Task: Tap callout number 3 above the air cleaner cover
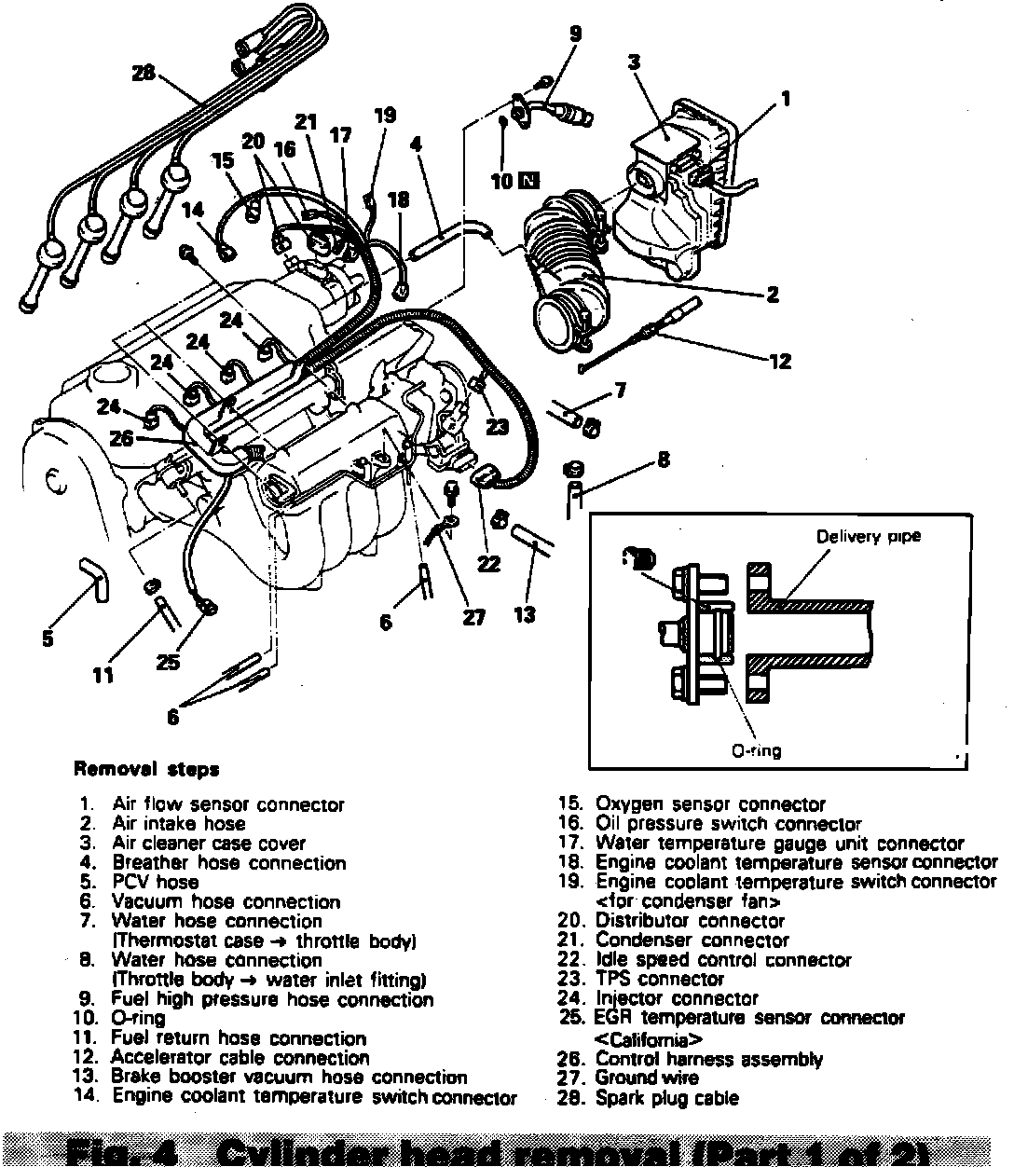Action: click(634, 63)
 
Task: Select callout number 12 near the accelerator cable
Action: click(779, 361)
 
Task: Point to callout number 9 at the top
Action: click(574, 34)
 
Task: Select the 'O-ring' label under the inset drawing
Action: click(756, 750)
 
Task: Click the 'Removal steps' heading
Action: click(146, 770)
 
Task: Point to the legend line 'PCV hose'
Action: click(155, 882)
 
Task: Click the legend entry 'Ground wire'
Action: click(648, 1078)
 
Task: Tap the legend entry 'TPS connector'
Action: click(660, 980)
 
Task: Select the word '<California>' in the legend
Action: click(649, 1039)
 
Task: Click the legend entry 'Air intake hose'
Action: click(178, 824)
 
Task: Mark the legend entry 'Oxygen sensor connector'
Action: click(710, 804)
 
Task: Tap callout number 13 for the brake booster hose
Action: click(525, 615)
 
